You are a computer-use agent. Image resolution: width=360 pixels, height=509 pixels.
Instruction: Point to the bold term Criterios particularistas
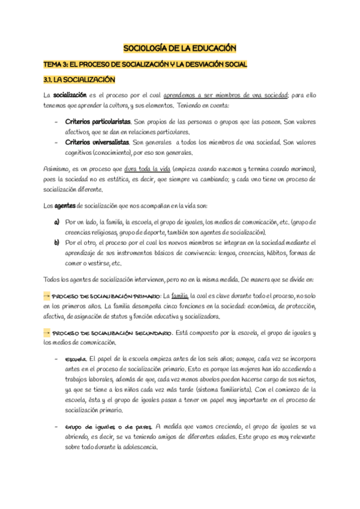pyautogui.click(x=98, y=122)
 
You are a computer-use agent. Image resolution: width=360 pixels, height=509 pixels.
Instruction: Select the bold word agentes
pyautogui.click(x=65, y=206)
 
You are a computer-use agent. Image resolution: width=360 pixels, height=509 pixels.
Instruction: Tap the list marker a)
pyautogui.click(x=56, y=221)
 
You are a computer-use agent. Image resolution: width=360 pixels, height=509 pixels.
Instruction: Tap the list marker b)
pyautogui.click(x=56, y=242)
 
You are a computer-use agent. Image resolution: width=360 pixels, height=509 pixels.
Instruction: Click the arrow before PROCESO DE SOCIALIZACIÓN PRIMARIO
pyautogui.click(x=47, y=296)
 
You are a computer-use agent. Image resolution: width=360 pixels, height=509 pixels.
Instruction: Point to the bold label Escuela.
pyautogui.click(x=76, y=359)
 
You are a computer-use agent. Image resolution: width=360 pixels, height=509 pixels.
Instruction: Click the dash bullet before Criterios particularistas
pyautogui.click(x=56, y=122)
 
